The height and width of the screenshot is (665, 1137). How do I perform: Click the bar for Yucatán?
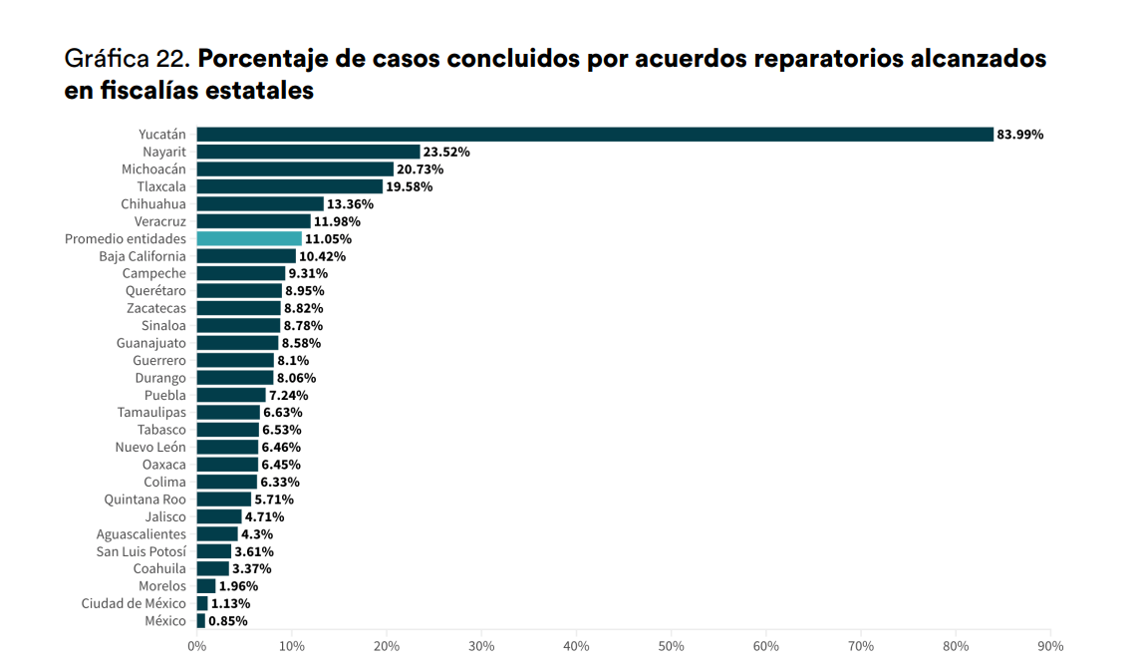[595, 135]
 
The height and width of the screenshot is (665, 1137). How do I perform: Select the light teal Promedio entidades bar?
[249, 239]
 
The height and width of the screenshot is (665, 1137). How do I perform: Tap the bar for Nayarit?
[308, 152]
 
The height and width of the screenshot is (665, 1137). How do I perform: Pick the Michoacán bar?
[295, 169]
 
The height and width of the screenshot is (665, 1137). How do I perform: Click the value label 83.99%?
[1020, 135]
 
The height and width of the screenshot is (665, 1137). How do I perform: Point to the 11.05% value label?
[328, 239]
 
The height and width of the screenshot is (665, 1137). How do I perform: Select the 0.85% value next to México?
[228, 621]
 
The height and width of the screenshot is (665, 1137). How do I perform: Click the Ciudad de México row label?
[134, 603]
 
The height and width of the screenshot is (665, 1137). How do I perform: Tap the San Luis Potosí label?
[141, 551]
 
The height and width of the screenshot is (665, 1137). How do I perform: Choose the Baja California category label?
[142, 256]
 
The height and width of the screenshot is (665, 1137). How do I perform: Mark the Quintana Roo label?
[144, 499]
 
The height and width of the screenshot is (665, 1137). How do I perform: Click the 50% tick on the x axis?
[671, 646]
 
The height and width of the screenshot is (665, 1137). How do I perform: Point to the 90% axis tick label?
[1050, 646]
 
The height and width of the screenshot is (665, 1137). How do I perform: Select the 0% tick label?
[197, 646]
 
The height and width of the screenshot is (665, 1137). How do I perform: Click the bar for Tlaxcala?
[289, 186]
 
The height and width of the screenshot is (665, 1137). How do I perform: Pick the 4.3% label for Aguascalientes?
[257, 534]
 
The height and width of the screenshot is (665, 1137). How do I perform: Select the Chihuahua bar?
[260, 204]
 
